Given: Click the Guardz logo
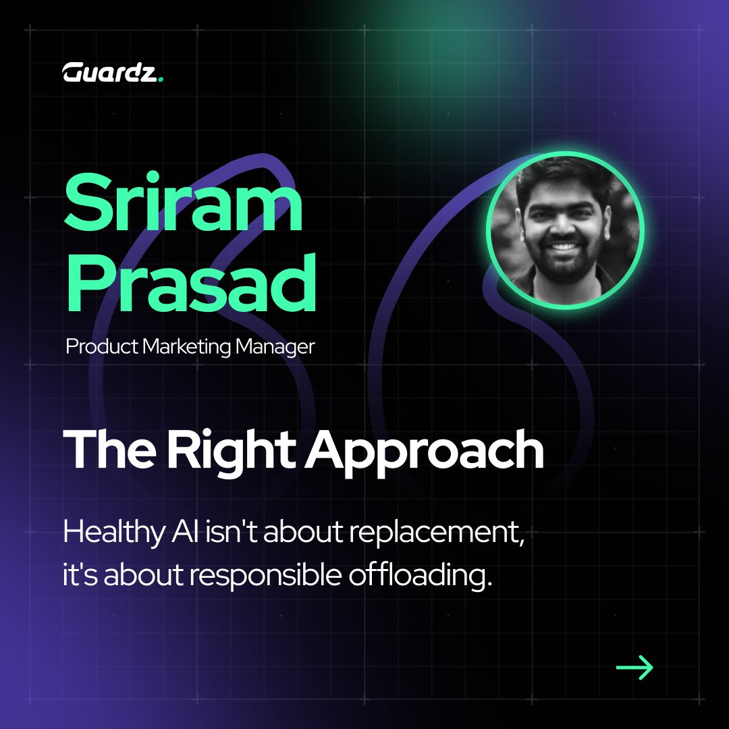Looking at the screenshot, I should tap(112, 72).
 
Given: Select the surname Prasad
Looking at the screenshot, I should tap(191, 279).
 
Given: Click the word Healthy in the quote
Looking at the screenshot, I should tap(108, 535).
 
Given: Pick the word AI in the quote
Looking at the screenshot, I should tap(174, 533).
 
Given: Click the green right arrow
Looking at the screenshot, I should tap(634, 668).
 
